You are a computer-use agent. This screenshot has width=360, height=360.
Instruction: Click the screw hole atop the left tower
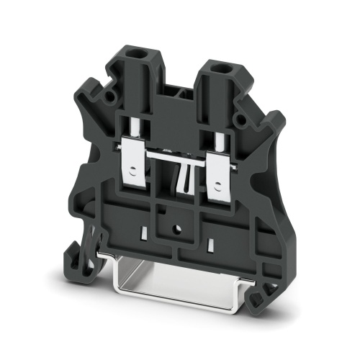[x=135, y=54]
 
